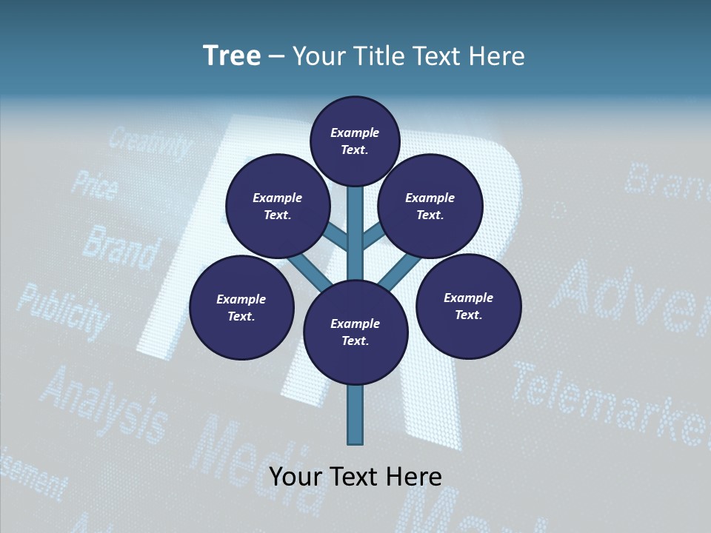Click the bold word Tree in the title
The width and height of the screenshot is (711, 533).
(x=232, y=56)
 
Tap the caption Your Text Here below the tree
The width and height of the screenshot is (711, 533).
(x=355, y=476)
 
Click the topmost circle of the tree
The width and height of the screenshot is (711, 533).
(x=355, y=141)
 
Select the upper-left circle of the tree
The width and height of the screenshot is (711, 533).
(x=278, y=206)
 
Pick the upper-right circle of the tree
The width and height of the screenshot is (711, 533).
(x=430, y=206)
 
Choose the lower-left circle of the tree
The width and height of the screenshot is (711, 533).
(x=241, y=307)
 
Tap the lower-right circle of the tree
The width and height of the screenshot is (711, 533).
(x=468, y=306)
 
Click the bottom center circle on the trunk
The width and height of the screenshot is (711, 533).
(x=355, y=332)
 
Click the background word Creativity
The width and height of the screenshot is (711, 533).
(x=151, y=144)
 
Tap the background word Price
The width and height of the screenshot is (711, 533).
(x=93, y=185)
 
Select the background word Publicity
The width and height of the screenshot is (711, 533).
(x=62, y=312)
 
